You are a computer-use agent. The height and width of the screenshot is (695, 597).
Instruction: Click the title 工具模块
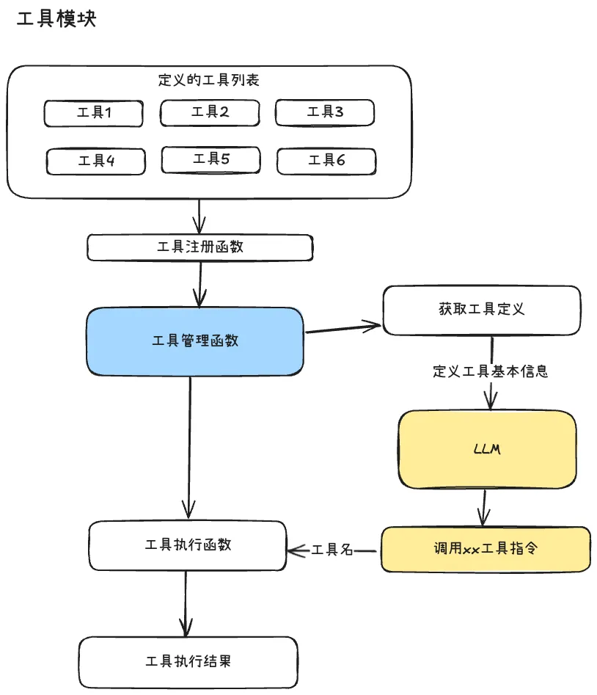click(56, 20)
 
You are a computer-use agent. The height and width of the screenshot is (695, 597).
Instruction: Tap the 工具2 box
click(210, 112)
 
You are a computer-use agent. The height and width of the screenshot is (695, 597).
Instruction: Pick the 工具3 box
click(325, 112)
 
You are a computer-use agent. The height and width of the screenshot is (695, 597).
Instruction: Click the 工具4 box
click(96, 161)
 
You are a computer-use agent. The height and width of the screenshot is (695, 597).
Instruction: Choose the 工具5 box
click(211, 159)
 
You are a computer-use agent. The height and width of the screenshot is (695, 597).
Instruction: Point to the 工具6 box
click(326, 161)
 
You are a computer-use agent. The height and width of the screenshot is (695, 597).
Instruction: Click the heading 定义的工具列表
click(208, 80)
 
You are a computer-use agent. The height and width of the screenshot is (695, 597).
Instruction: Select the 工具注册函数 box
click(199, 247)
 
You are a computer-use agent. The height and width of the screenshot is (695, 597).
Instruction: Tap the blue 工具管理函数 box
click(195, 341)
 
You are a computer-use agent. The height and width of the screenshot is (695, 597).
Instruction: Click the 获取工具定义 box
click(481, 309)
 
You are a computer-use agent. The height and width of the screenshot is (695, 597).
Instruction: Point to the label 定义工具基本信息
click(490, 371)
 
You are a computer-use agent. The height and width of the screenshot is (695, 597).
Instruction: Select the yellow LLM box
click(487, 449)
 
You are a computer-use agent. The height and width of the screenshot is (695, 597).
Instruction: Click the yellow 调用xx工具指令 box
click(486, 548)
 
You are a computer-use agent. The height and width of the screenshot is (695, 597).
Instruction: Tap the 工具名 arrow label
click(333, 550)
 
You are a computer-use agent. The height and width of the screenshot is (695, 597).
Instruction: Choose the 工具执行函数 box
click(188, 545)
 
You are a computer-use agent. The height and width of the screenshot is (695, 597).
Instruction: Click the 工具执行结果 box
click(188, 661)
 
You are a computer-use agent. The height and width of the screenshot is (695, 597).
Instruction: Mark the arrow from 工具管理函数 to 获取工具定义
click(343, 327)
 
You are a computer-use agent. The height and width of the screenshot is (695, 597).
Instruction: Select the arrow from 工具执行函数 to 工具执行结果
click(185, 603)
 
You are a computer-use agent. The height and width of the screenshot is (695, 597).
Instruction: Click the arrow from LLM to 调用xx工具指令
click(483, 507)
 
